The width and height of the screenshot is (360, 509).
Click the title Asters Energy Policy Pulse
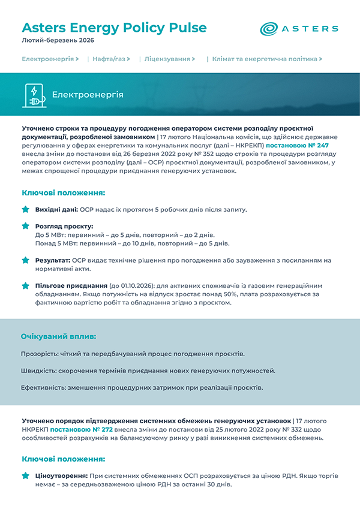114,28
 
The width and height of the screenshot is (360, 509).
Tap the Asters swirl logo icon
269,28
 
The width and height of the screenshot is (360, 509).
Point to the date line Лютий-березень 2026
58,41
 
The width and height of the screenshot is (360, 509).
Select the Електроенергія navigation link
50,59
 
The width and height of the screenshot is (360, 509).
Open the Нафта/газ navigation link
111,59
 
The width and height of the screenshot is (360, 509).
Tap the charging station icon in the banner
34,95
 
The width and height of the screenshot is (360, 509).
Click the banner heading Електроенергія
88,95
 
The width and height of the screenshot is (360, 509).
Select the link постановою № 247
298,145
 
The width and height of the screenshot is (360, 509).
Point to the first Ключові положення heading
64,193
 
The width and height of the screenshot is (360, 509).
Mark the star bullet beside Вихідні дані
25,209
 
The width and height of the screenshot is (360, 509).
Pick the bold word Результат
53,261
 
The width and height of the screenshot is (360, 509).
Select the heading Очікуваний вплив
59,336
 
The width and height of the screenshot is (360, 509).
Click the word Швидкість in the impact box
38,371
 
